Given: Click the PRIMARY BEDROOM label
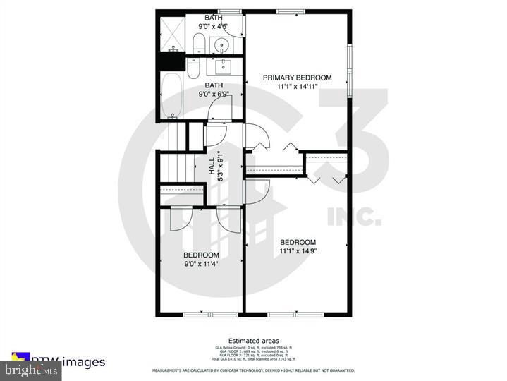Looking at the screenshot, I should pos(297,78).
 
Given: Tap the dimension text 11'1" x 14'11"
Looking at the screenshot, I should pos(297,87).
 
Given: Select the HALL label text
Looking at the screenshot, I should pos(212,167).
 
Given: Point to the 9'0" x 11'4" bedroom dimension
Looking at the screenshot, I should pos(201,264).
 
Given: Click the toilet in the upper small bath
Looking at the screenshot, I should pos(199,43).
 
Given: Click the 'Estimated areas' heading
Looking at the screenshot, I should pos(253,341).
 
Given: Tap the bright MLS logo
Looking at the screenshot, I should pos(23,369).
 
